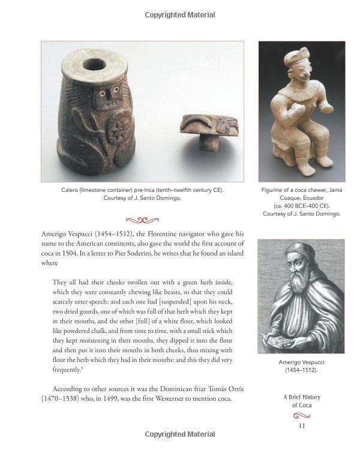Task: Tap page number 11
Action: tap(302, 425)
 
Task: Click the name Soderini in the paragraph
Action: tap(175, 253)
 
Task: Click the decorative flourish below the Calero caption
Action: tap(142, 220)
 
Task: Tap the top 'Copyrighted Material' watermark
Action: tap(180, 15)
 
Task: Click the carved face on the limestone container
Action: tap(107, 97)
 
